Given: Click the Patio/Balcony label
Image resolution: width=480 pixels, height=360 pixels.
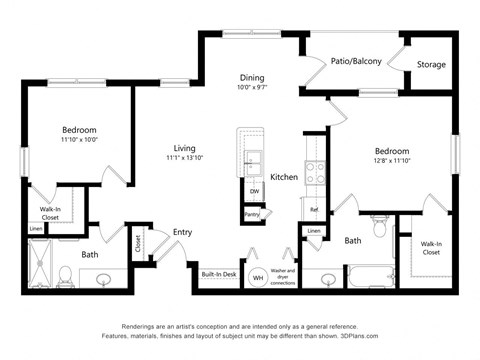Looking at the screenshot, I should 357,62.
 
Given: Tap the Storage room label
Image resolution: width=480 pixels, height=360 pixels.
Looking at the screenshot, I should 432,65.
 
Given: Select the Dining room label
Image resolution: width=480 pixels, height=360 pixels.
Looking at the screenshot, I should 252,77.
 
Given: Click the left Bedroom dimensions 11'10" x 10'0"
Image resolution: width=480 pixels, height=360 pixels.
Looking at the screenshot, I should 79,141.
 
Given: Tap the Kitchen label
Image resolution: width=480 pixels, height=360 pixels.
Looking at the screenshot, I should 284,177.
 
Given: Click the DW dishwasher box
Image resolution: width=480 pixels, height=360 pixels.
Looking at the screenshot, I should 254,192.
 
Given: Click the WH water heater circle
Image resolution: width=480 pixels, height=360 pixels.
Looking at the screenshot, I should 257,277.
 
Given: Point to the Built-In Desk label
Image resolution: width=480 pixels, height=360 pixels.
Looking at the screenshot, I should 218,274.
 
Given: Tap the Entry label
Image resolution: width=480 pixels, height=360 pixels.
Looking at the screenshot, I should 182,232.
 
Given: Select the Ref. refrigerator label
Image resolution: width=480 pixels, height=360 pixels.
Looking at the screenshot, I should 313,210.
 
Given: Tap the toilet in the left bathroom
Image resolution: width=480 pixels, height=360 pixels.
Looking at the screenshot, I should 64,275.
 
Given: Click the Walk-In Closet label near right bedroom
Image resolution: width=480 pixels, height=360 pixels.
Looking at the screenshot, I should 431,248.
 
